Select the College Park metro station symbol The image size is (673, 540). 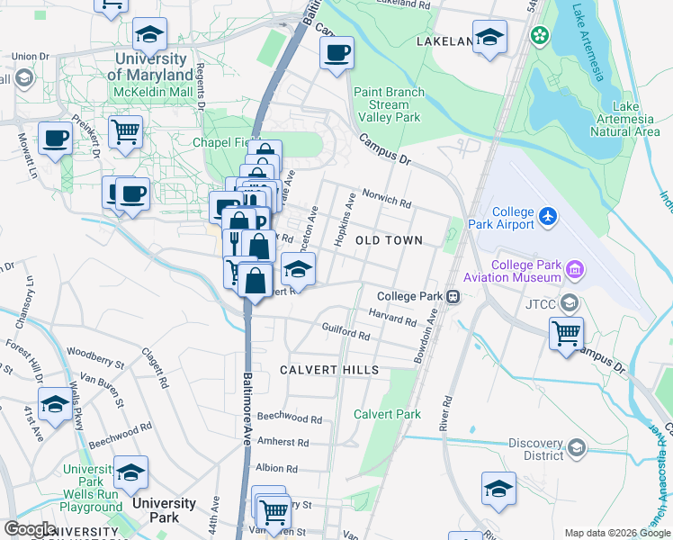[x=455, y=296]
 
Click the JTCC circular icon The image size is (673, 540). [x=569, y=302]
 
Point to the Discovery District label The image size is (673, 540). [x=535, y=448]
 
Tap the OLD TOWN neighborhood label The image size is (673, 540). [x=389, y=240]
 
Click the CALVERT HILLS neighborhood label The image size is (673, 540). [x=328, y=370]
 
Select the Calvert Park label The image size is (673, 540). [x=387, y=414]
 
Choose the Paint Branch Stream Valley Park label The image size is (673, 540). [x=389, y=104]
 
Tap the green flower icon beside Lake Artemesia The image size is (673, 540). [x=539, y=36]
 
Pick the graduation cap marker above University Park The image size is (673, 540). [x=130, y=472]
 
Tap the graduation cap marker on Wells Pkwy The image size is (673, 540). [x=55, y=405]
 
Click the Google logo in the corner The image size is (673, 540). [x=30, y=529]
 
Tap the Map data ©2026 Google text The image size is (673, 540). [x=615, y=533]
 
